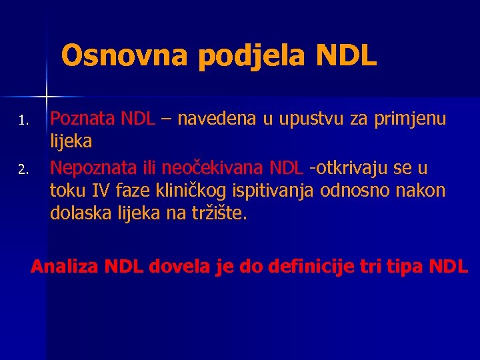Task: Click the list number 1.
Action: (21, 121)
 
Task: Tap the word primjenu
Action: (409, 121)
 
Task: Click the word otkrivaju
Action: (352, 167)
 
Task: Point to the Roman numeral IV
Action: (100, 191)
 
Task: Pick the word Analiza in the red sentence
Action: (64, 267)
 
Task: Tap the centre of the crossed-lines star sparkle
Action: (46, 91)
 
